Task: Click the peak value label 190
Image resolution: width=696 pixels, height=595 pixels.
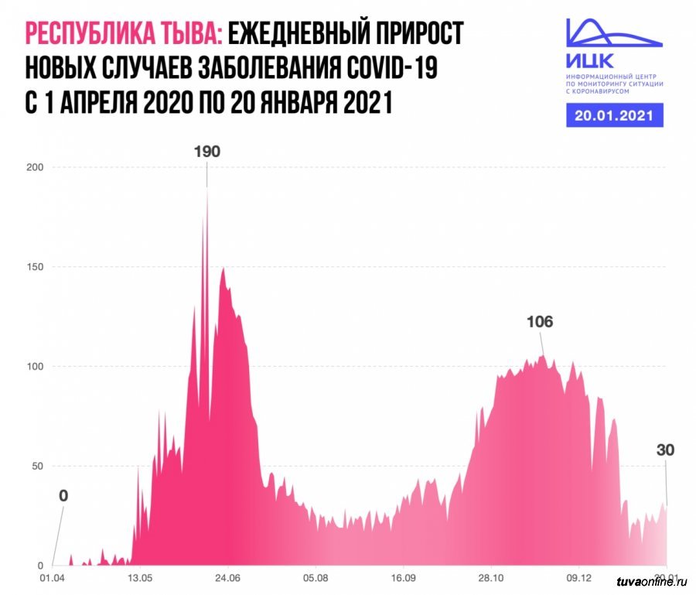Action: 206,152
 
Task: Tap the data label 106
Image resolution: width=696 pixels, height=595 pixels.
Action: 539,322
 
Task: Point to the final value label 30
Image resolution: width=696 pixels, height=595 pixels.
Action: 666,450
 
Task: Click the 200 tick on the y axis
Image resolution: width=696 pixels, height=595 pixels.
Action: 35,167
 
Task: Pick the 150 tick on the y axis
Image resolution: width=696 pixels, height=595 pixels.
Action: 35,267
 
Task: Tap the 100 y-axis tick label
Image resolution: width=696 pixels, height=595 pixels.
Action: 35,366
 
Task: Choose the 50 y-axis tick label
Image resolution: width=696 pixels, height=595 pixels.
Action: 37,466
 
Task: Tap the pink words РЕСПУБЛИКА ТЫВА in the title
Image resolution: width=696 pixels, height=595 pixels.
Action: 125,34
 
